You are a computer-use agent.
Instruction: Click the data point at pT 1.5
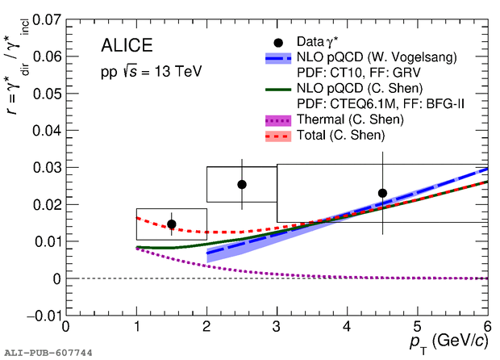[171, 224]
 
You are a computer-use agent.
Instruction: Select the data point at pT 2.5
[241, 184]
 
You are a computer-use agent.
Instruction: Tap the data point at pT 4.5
[382, 193]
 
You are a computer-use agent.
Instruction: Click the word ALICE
[127, 45]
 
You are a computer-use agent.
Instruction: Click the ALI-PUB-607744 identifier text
[48, 353]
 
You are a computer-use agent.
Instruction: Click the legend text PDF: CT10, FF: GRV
[355, 73]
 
